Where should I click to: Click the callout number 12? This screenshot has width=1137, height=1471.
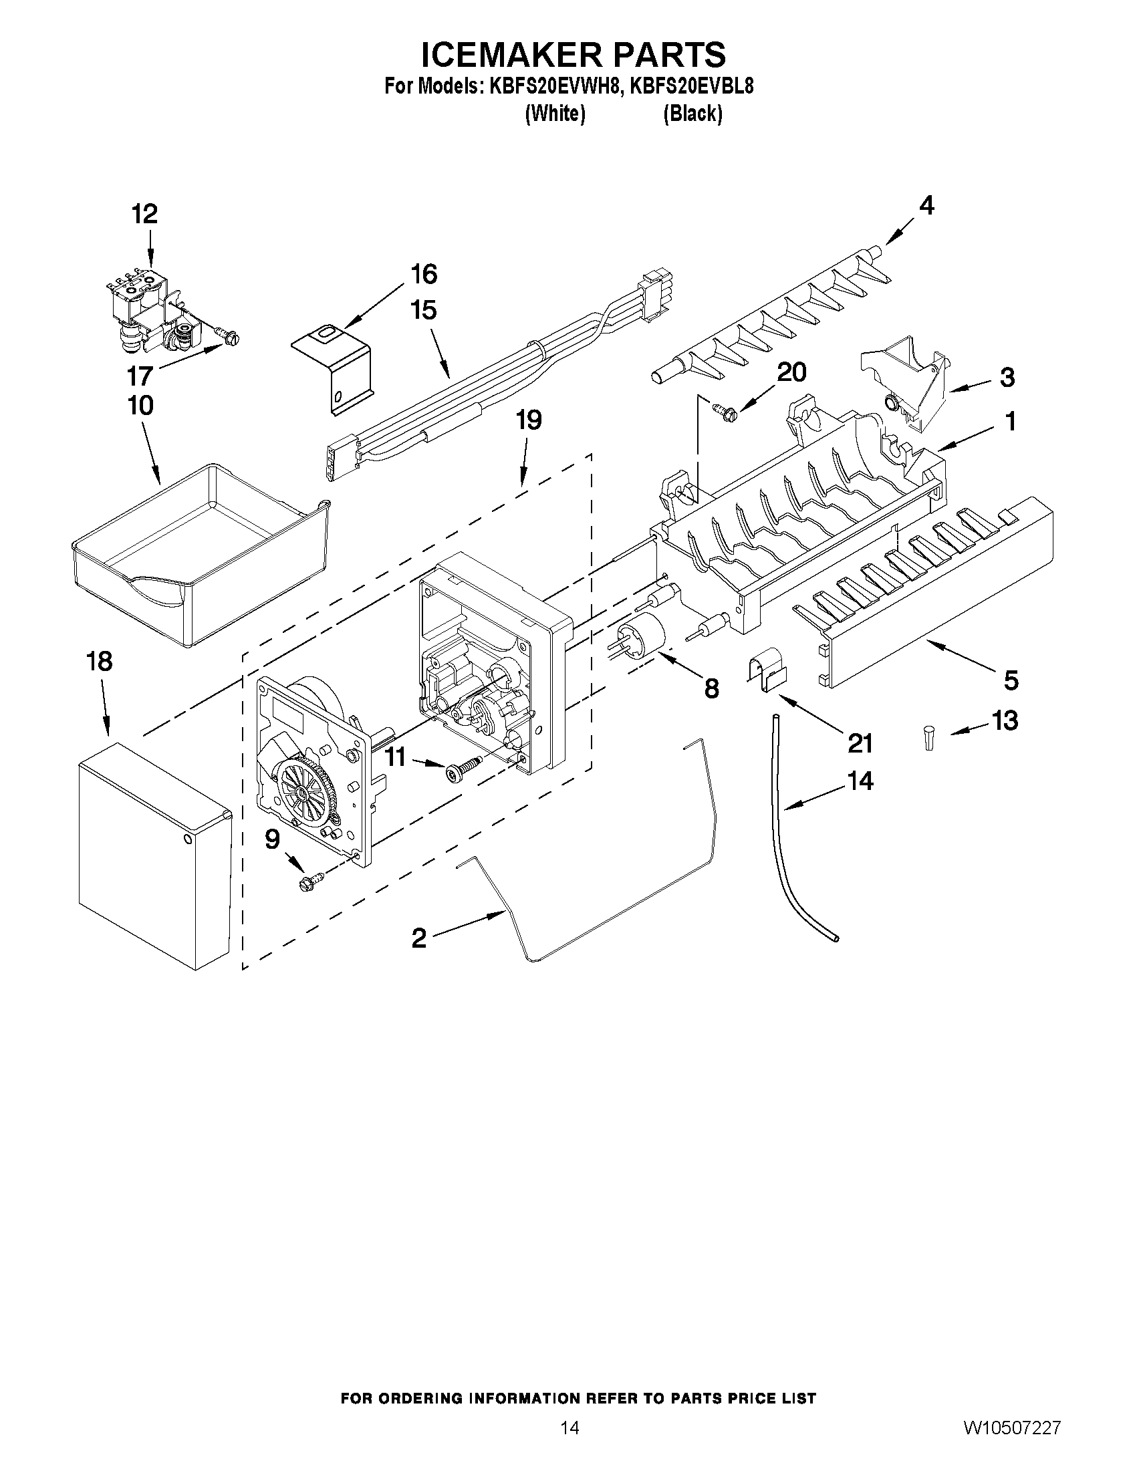point(144,214)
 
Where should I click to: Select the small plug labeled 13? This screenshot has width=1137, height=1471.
point(930,737)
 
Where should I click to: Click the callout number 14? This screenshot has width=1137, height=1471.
point(860,781)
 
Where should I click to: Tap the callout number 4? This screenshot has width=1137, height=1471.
point(927,205)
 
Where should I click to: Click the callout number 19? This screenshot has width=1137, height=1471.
point(529,420)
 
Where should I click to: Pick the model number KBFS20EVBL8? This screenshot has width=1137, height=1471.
point(691,87)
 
